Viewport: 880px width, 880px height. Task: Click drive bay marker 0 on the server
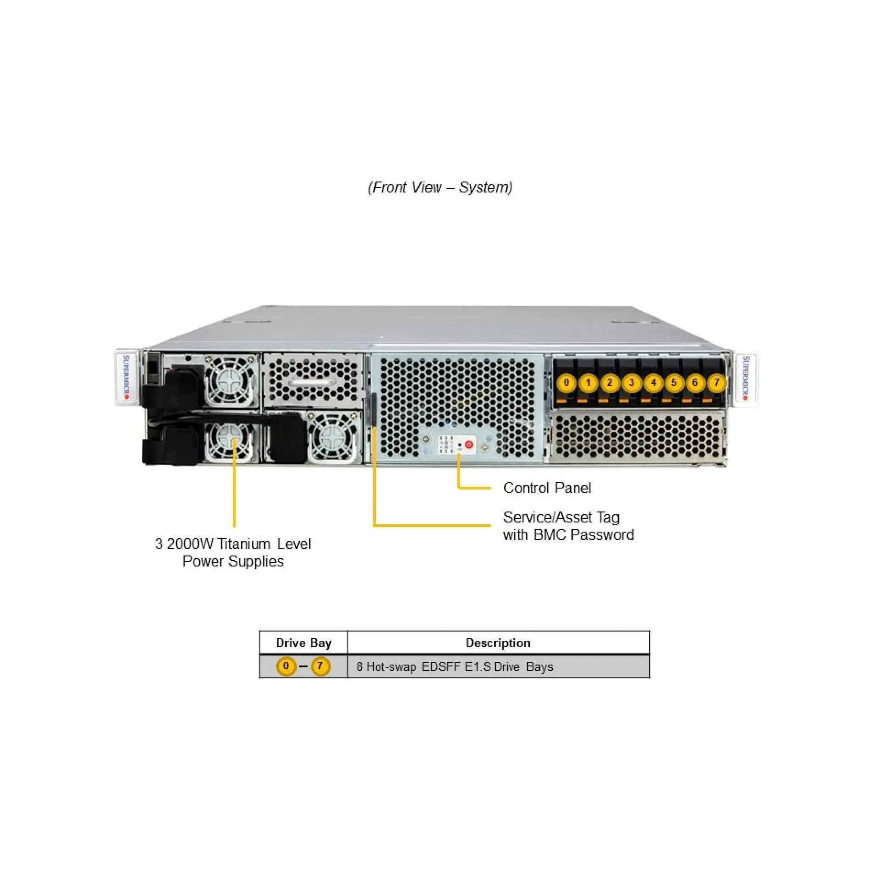(x=566, y=382)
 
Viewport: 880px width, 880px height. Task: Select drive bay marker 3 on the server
(x=632, y=382)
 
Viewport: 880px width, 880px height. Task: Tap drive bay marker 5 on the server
(x=674, y=382)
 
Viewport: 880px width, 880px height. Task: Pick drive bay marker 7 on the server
(x=716, y=382)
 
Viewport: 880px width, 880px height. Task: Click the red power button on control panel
(x=469, y=444)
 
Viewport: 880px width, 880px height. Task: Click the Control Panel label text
(x=547, y=488)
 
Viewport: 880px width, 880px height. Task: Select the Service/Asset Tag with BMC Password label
(x=568, y=526)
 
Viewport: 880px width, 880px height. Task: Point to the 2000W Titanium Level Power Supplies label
(x=233, y=552)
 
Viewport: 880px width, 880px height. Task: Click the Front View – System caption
(x=440, y=187)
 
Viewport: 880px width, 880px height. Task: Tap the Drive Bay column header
(x=303, y=643)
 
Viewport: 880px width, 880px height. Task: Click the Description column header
(x=498, y=643)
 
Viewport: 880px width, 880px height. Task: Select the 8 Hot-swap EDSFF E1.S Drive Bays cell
(x=455, y=666)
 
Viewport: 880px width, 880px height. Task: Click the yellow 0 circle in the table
(x=286, y=666)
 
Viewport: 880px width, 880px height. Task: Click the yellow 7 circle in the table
(x=320, y=666)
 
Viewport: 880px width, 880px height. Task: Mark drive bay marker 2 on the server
(x=610, y=382)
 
